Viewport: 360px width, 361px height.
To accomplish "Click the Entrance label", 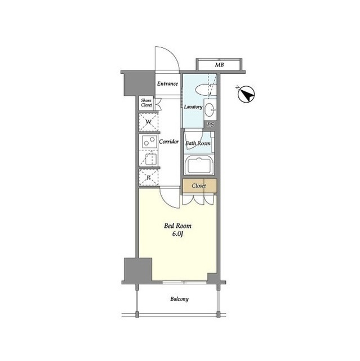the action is tap(167, 83).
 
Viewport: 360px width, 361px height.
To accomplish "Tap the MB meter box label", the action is tap(219, 65).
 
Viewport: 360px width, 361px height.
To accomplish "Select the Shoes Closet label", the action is tap(146, 103).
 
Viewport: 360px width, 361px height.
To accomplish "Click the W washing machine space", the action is tap(149, 122).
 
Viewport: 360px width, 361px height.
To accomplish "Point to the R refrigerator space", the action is tap(149, 178).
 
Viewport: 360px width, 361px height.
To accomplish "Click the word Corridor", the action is tap(169, 142).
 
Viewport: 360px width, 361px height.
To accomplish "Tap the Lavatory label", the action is tap(193, 107).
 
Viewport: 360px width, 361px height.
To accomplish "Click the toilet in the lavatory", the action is tap(205, 90).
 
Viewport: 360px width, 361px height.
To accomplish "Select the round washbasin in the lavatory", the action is tap(210, 109).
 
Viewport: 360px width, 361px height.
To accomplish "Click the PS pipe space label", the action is tap(210, 125).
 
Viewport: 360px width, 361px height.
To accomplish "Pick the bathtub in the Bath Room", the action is tap(199, 165).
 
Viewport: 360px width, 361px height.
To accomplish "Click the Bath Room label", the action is tap(198, 143).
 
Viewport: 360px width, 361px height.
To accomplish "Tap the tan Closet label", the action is tap(199, 186).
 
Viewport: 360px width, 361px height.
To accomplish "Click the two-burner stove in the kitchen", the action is tap(149, 142).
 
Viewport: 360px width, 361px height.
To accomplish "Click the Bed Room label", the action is tap(177, 226).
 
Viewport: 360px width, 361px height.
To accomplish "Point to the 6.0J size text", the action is tap(177, 234).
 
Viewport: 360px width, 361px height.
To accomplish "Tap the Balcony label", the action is tap(180, 299).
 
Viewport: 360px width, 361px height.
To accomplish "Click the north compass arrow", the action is tap(246, 94).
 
